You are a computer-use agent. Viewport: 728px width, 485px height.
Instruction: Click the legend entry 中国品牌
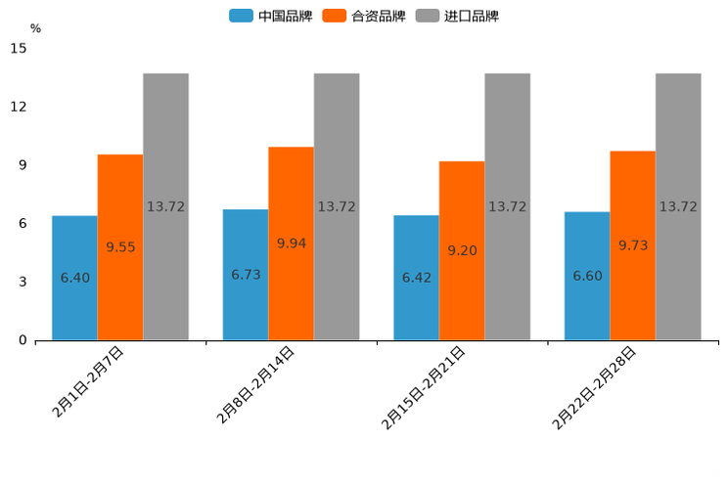click(271, 16)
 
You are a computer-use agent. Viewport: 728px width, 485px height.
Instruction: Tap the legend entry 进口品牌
click(458, 16)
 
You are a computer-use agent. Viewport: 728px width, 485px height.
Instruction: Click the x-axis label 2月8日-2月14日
click(255, 385)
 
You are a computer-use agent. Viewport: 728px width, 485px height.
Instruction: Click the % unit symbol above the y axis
click(35, 28)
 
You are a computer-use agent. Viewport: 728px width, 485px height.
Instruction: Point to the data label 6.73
click(246, 275)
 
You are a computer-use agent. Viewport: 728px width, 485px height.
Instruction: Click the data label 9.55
click(120, 247)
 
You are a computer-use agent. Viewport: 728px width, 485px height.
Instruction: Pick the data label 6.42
click(417, 278)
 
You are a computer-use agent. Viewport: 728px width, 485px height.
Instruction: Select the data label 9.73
click(633, 245)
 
